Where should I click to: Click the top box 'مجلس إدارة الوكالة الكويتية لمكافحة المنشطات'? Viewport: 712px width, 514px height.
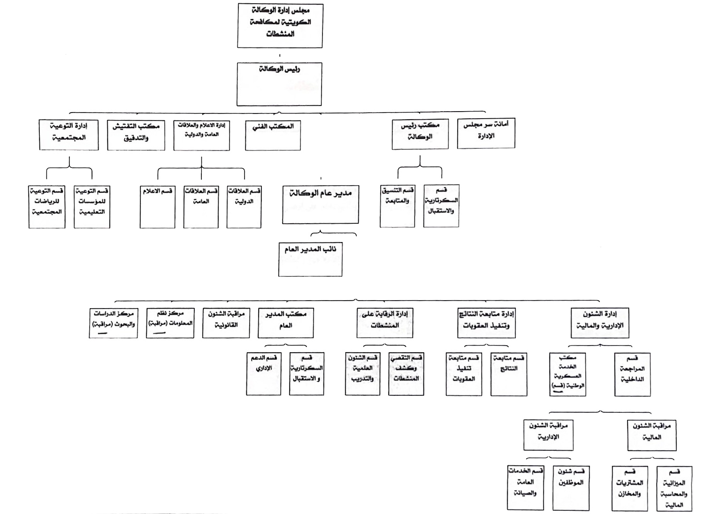pos(280,25)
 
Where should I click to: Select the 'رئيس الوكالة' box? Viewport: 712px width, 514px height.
pos(279,84)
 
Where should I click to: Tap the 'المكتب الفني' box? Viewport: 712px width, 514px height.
pos(273,136)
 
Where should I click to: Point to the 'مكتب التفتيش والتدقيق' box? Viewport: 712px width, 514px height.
pos(136,136)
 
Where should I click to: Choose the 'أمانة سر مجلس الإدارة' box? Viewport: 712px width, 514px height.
pos(486,133)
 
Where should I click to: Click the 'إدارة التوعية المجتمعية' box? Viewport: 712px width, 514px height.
pos(69,135)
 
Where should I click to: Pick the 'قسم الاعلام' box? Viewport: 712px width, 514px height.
pos(157,207)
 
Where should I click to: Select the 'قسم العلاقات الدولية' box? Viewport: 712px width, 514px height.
pos(244,207)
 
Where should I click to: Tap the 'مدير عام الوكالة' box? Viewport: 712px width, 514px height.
pos(320,204)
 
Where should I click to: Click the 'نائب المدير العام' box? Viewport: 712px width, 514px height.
pos(310,259)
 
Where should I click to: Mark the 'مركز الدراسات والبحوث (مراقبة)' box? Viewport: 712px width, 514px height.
pos(113,323)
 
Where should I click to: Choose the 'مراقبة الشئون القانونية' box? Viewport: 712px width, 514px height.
pos(226,323)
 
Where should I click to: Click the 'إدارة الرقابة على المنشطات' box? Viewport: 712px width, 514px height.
pos(384,323)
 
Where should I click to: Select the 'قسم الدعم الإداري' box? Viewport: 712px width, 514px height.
pos(264,374)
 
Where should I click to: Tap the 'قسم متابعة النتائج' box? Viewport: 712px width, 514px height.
pos(509,374)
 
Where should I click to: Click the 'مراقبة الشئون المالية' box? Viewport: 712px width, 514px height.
pos(651,435)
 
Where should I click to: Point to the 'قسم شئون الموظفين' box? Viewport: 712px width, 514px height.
pos(570,488)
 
